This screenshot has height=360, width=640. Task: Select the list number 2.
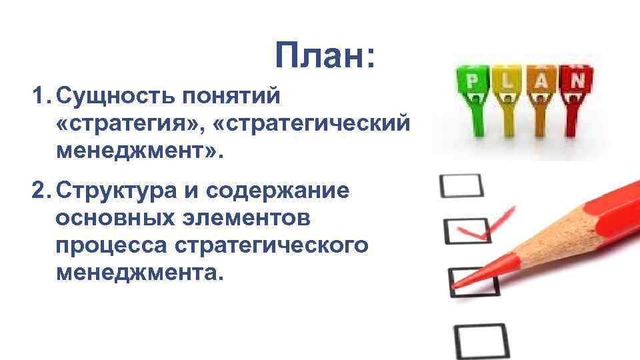tap(41, 191)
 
